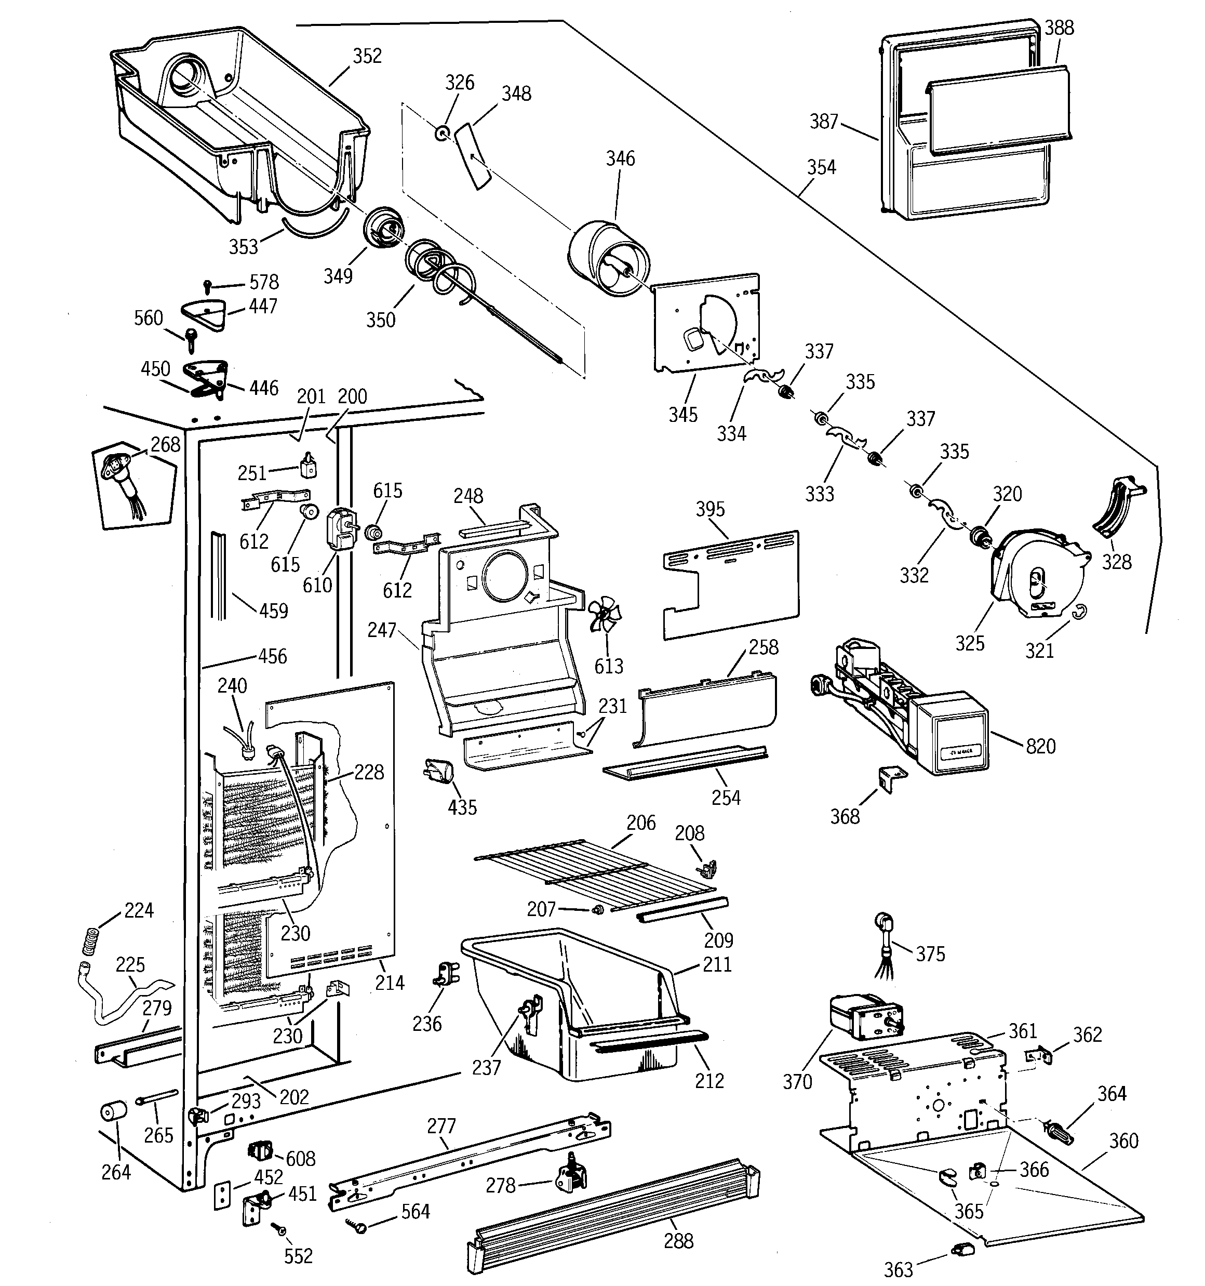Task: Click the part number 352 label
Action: (x=367, y=56)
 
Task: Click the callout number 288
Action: (x=678, y=1241)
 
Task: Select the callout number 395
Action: (x=709, y=509)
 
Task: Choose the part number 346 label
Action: (x=620, y=158)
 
